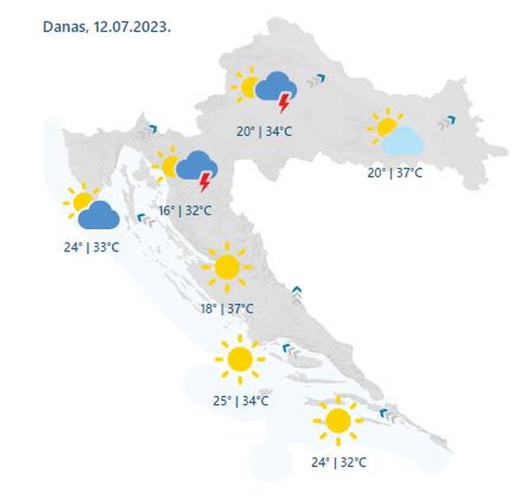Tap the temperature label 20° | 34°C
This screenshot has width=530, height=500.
coord(264,132)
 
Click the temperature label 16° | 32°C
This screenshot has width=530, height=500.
coord(185,210)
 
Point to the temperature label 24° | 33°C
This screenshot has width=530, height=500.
coord(91,246)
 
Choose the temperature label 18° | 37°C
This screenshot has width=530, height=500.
coord(227,308)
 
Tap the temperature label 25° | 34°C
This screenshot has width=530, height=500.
coord(241,401)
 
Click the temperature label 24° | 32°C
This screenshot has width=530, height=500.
coord(339,461)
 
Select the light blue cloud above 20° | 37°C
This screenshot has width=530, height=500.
coord(403,141)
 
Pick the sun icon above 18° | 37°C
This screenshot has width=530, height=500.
coord(227,267)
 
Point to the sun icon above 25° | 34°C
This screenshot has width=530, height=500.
coord(240,359)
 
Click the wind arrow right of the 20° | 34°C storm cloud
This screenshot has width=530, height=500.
coord(316,80)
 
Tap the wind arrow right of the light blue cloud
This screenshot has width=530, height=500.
coord(446,123)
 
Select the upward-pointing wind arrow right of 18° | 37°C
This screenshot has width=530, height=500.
coord(297,294)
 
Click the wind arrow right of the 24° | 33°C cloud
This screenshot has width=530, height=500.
coord(146,220)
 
